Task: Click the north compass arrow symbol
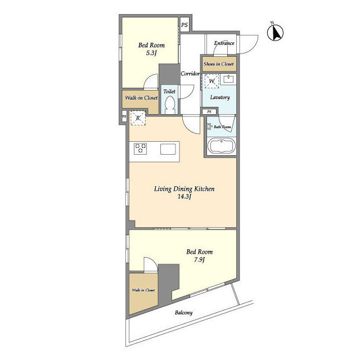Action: (275, 33)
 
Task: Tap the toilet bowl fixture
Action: (170, 105)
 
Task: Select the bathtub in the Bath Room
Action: (221, 146)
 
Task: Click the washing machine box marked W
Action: (211, 81)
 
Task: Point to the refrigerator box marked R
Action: (138, 118)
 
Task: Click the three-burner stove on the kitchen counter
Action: (140, 148)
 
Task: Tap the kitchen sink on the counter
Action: (168, 149)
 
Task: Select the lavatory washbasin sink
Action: (228, 79)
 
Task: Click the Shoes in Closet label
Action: (219, 64)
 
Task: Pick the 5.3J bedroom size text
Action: (151, 53)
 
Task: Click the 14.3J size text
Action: (184, 197)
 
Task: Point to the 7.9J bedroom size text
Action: (199, 260)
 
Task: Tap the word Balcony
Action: (184, 313)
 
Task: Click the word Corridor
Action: (190, 74)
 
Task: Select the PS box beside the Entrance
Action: (184, 25)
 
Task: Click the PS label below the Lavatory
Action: (209, 112)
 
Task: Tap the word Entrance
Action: (224, 43)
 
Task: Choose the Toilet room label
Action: (169, 91)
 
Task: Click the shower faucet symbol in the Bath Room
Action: (210, 127)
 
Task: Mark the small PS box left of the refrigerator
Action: (124, 116)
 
